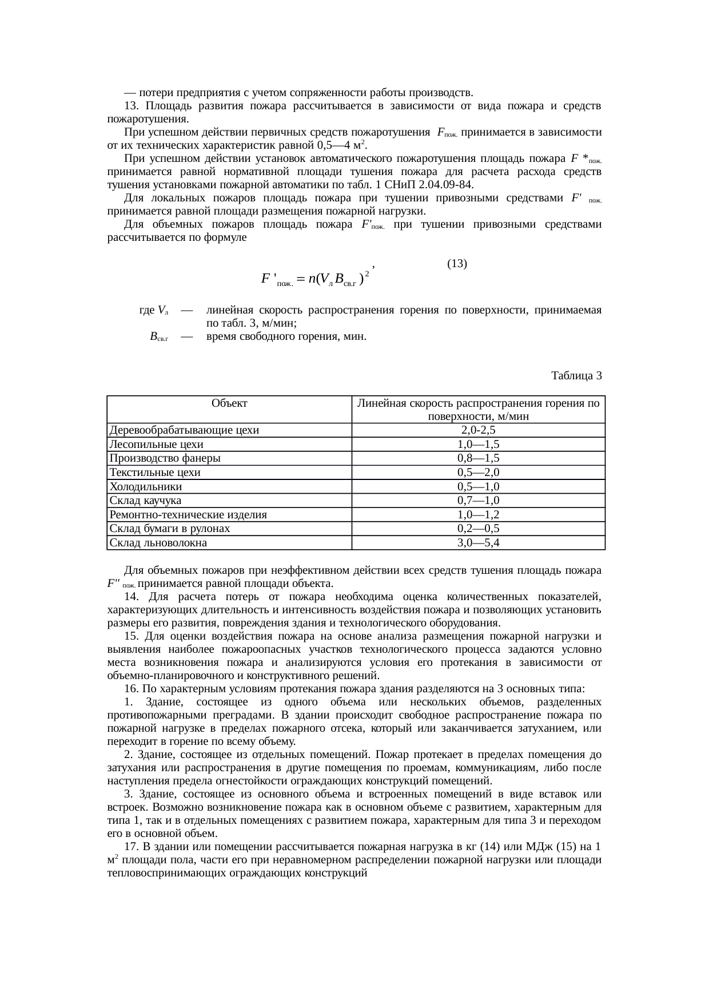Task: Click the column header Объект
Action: (x=229, y=403)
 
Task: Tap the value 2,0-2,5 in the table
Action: (x=478, y=430)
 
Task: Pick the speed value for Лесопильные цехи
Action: (x=478, y=445)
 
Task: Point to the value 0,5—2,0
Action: (x=478, y=473)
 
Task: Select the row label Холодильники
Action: (x=146, y=487)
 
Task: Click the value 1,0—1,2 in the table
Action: (x=478, y=515)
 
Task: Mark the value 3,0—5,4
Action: (x=478, y=543)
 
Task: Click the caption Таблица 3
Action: (x=576, y=376)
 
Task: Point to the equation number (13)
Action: (x=457, y=264)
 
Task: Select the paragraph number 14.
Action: (x=130, y=597)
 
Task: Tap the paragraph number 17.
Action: (x=130, y=847)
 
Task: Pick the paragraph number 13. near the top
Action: (x=131, y=106)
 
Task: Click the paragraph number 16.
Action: (x=130, y=688)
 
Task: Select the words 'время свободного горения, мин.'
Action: (x=286, y=336)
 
